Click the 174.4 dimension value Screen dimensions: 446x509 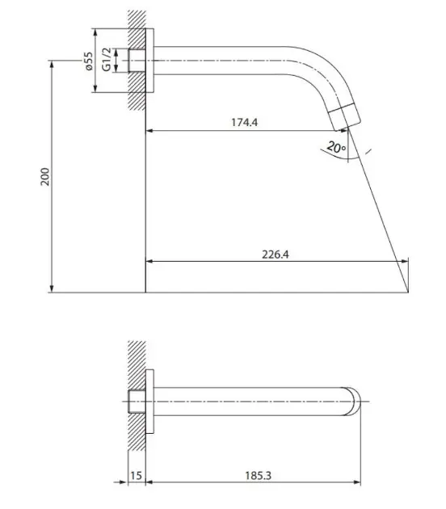point(245,122)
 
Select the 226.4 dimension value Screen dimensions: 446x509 point(276,254)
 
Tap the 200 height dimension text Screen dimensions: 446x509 point(45,177)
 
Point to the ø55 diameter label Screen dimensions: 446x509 point(88,61)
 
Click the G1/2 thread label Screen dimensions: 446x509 point(107,60)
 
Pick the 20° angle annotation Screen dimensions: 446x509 point(336,147)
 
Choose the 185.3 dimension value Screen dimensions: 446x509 point(258,476)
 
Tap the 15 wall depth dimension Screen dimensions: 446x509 point(136,476)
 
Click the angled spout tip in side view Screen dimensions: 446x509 point(345,117)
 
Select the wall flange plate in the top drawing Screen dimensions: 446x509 point(149,61)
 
